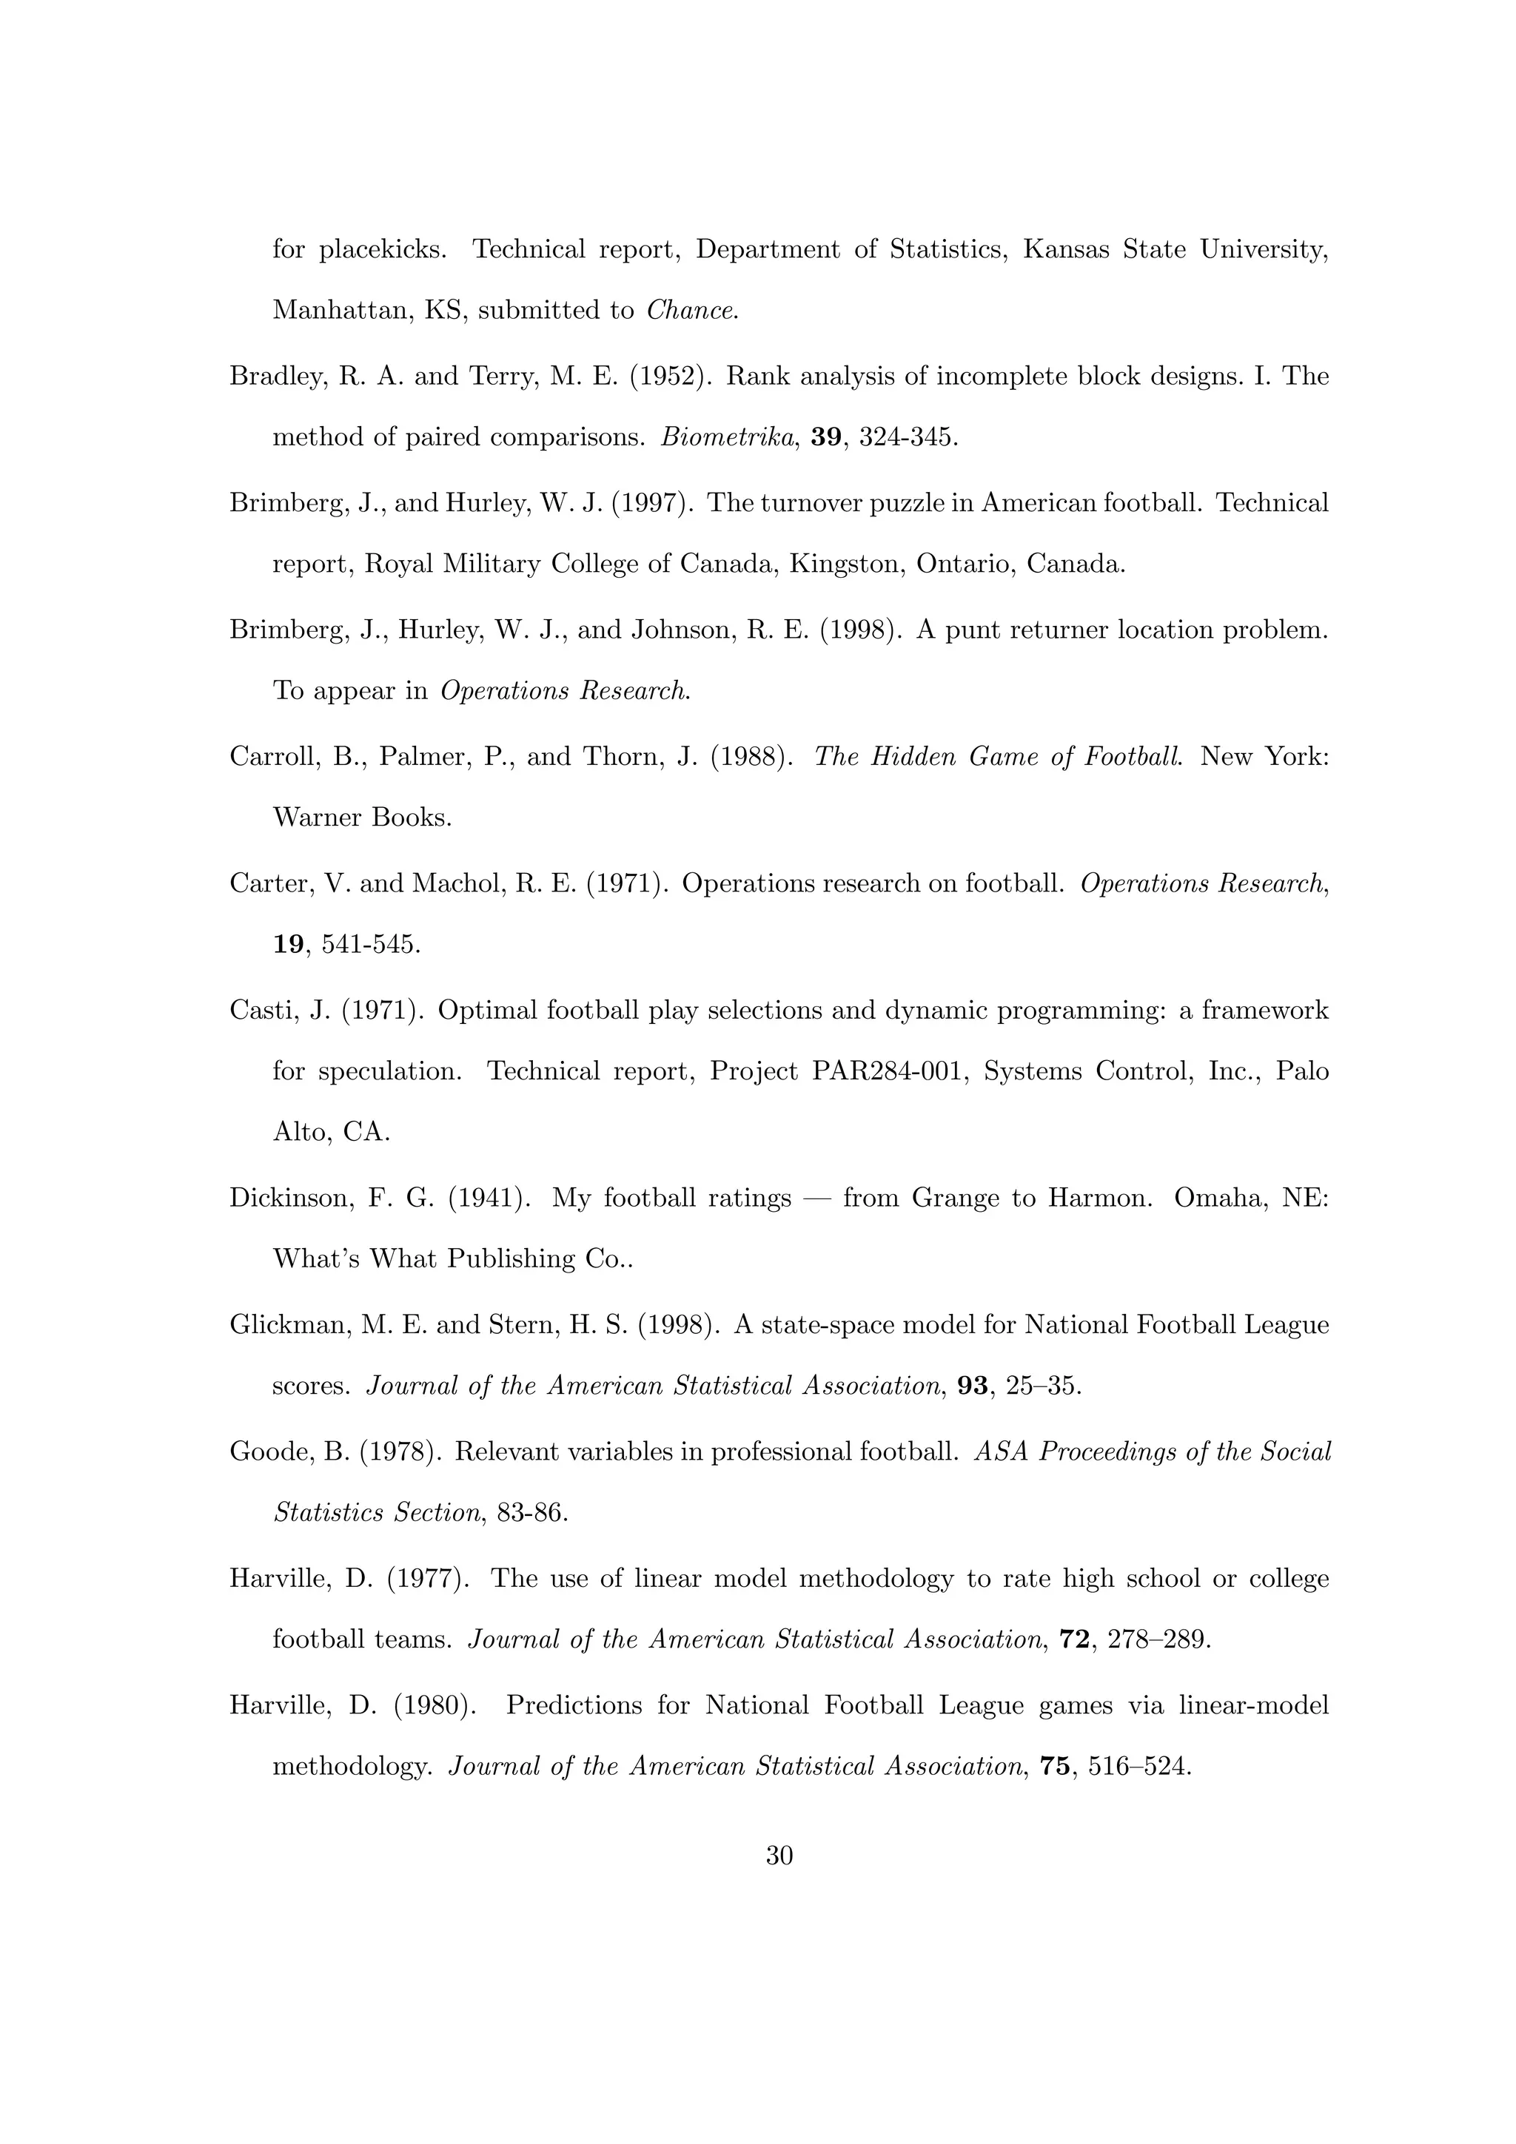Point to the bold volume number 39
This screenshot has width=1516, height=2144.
[825, 438]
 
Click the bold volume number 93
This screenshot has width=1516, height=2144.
[973, 1386]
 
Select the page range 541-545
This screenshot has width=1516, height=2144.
[371, 945]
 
